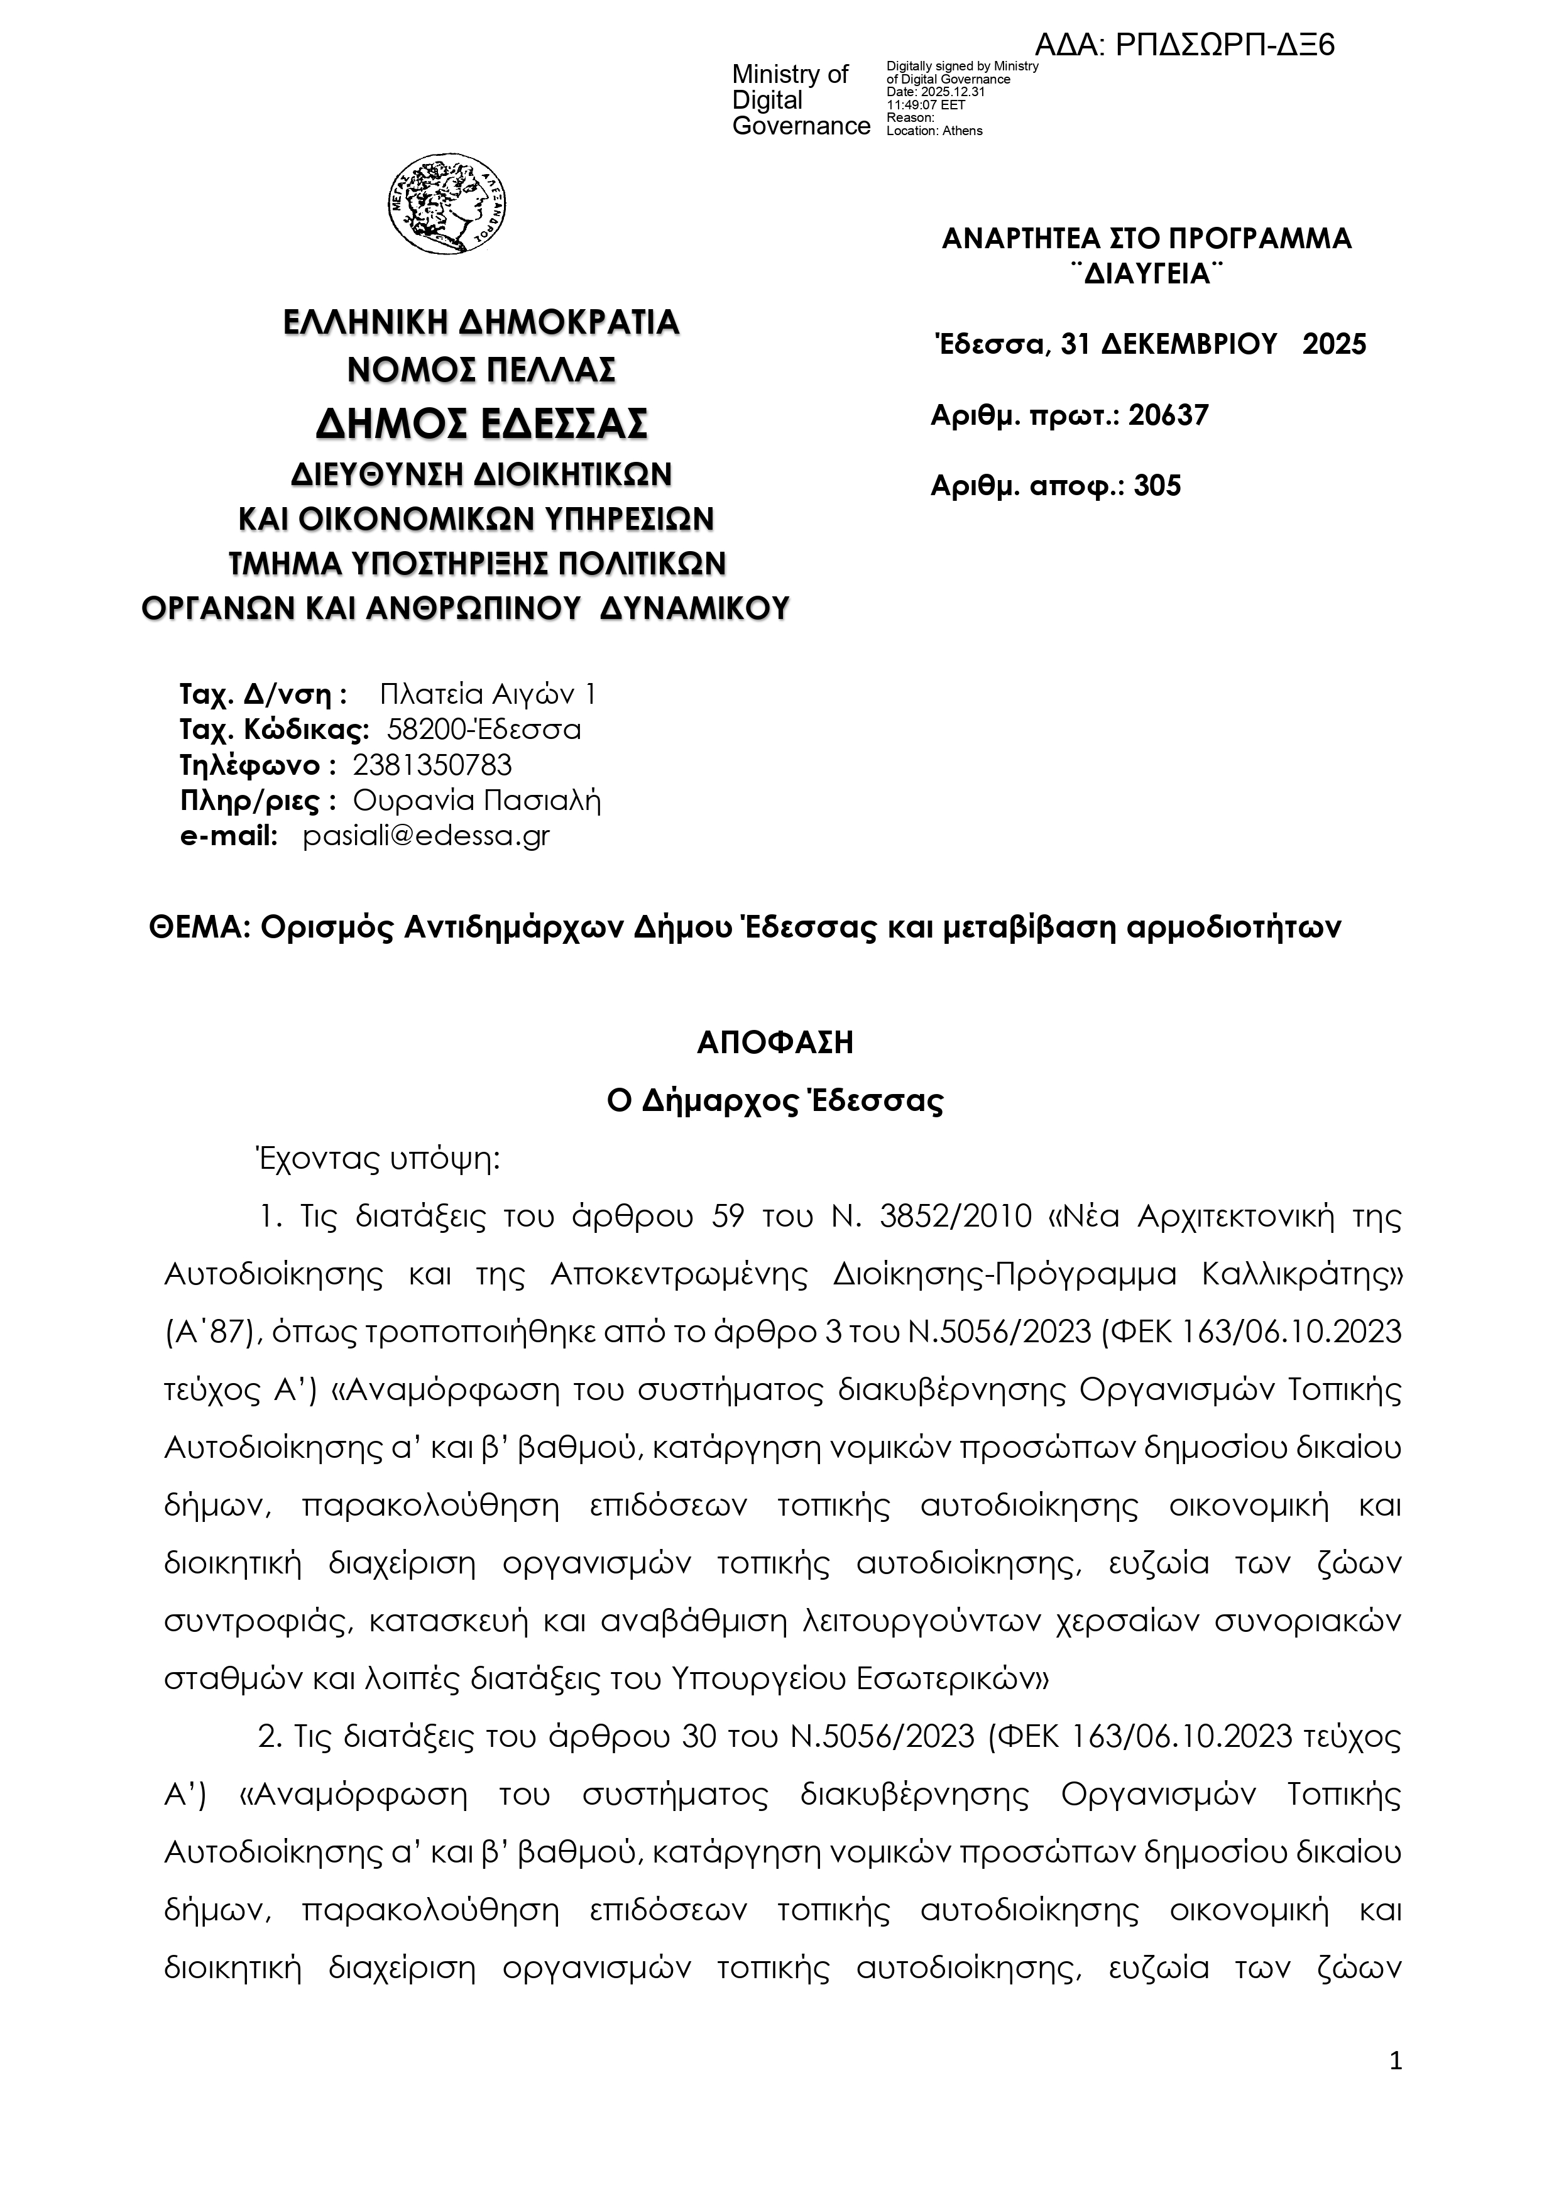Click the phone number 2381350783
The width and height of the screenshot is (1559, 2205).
pyautogui.click(x=432, y=765)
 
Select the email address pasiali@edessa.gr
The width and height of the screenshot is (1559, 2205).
pyautogui.click(x=427, y=836)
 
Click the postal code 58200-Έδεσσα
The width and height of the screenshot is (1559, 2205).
pyautogui.click(x=484, y=730)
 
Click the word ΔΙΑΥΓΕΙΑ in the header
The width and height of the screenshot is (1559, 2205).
pyautogui.click(x=1146, y=275)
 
